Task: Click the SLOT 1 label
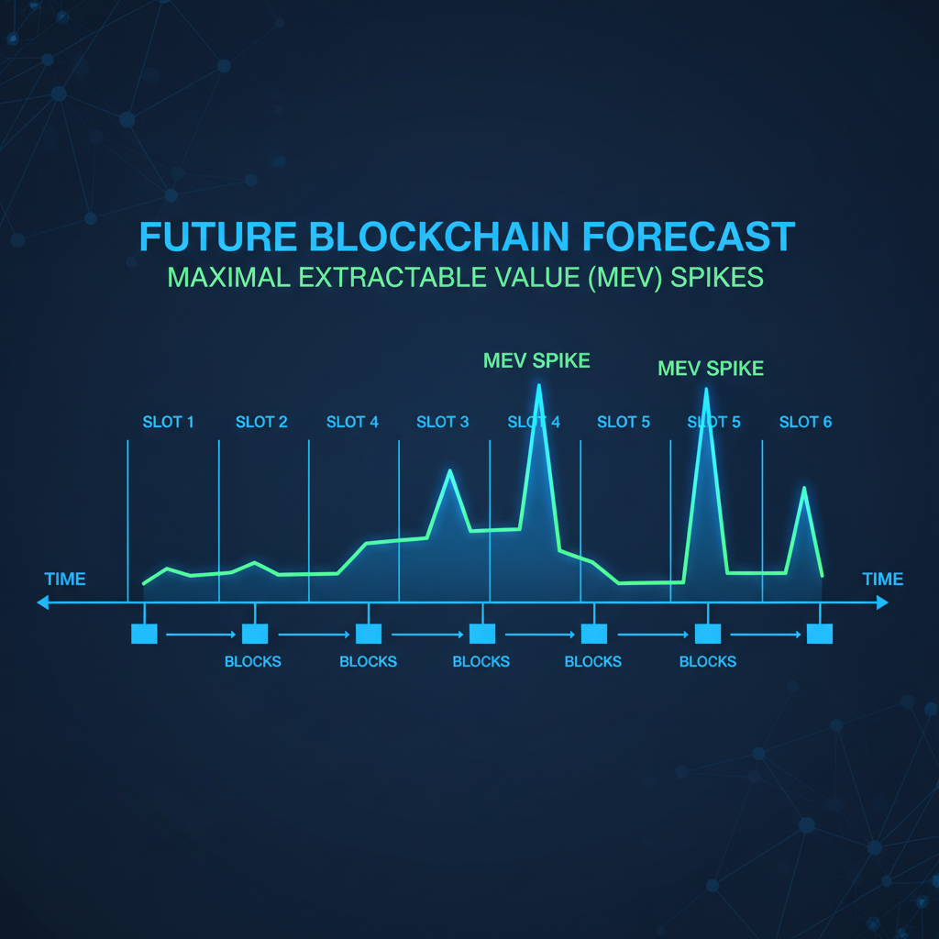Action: (x=168, y=422)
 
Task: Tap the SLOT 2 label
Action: (x=261, y=422)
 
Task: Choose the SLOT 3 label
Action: (x=442, y=422)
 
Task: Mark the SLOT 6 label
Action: (x=805, y=422)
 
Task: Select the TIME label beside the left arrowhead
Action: (x=65, y=580)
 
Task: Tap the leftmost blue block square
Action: (x=145, y=634)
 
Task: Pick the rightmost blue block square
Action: (x=820, y=634)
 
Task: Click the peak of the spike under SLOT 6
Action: (x=805, y=488)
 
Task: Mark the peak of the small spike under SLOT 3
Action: (x=449, y=470)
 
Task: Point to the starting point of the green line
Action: (x=144, y=583)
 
